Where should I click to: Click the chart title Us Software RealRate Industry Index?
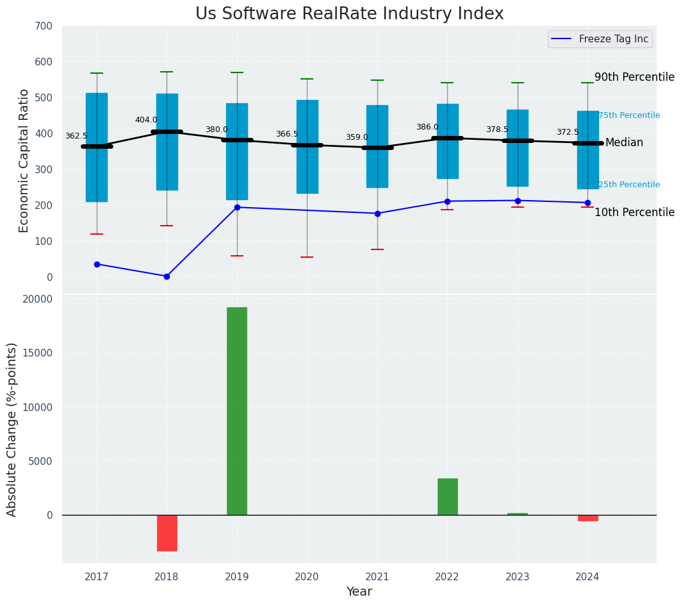click(349, 14)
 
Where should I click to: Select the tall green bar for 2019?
click(237, 410)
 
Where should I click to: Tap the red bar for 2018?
click(167, 533)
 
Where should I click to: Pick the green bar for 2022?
click(448, 496)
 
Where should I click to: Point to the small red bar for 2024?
click(587, 518)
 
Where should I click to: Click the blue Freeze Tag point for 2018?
click(167, 276)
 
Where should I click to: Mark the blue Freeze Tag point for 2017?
click(97, 264)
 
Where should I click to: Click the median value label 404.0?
click(146, 120)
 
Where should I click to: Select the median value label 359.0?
click(357, 137)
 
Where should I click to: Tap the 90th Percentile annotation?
click(634, 78)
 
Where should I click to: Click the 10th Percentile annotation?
click(634, 212)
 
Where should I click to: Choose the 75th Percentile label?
click(628, 115)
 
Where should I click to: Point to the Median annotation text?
click(624, 143)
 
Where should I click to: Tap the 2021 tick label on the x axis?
click(377, 576)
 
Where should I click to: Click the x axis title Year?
click(359, 592)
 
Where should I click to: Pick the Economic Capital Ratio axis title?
click(24, 160)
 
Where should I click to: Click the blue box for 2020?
click(307, 147)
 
